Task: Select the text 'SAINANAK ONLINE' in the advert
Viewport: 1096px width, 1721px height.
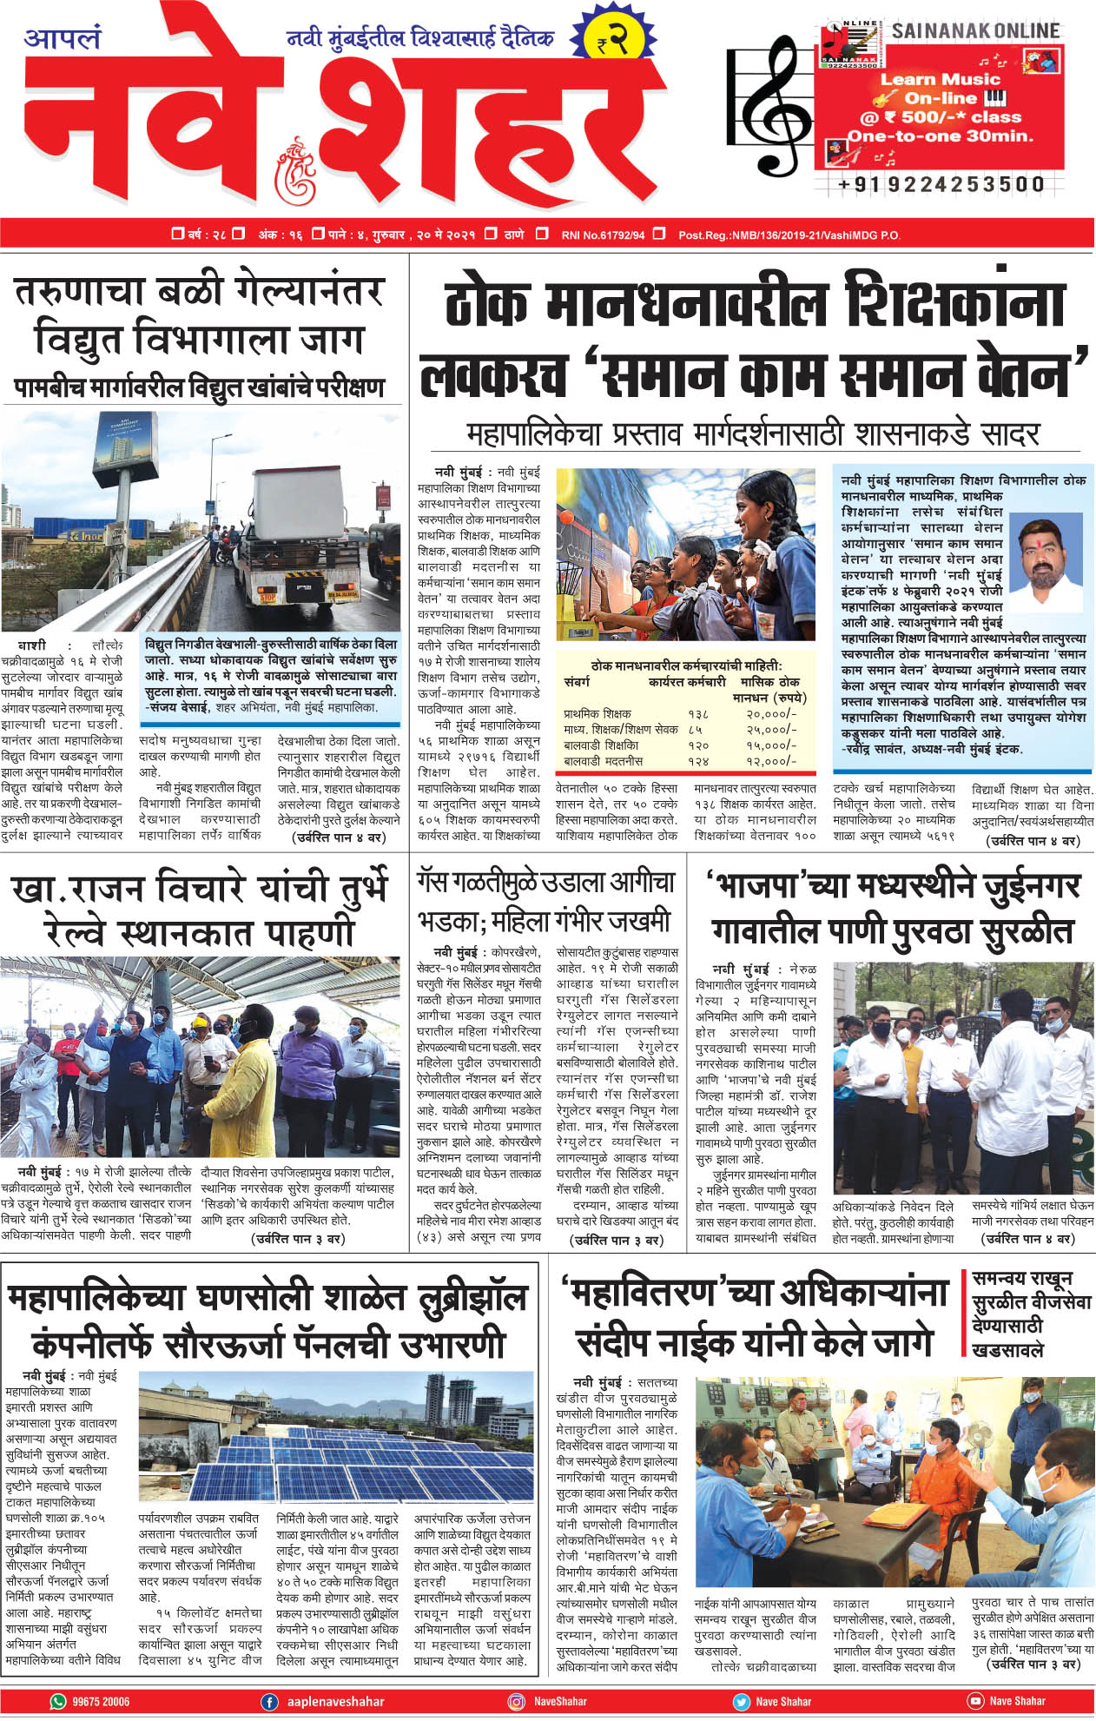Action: tap(975, 31)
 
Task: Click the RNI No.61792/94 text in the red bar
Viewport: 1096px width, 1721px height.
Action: tap(603, 235)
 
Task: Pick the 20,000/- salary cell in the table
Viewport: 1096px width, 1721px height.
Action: tap(770, 713)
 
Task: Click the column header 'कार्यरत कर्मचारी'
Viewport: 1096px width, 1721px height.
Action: tap(686, 682)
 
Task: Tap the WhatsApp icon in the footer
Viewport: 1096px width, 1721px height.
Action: tap(58, 1701)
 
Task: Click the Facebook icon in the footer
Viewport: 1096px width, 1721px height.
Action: tap(270, 1701)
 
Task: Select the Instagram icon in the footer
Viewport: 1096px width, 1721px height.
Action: tap(517, 1701)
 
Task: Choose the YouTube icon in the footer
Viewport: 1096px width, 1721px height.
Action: tap(975, 1701)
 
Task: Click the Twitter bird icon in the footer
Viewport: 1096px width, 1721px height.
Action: tap(741, 1701)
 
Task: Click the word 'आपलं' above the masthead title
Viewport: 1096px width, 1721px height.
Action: tap(63, 39)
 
